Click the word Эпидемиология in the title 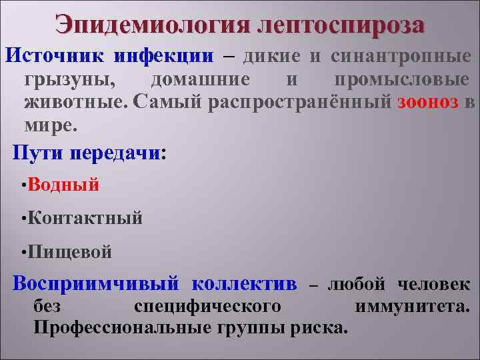click(x=153, y=25)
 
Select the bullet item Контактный click(x=85, y=218)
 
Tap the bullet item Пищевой click(x=70, y=252)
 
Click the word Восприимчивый click(x=97, y=283)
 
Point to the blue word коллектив click(x=244, y=283)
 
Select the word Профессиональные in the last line click(x=123, y=327)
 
